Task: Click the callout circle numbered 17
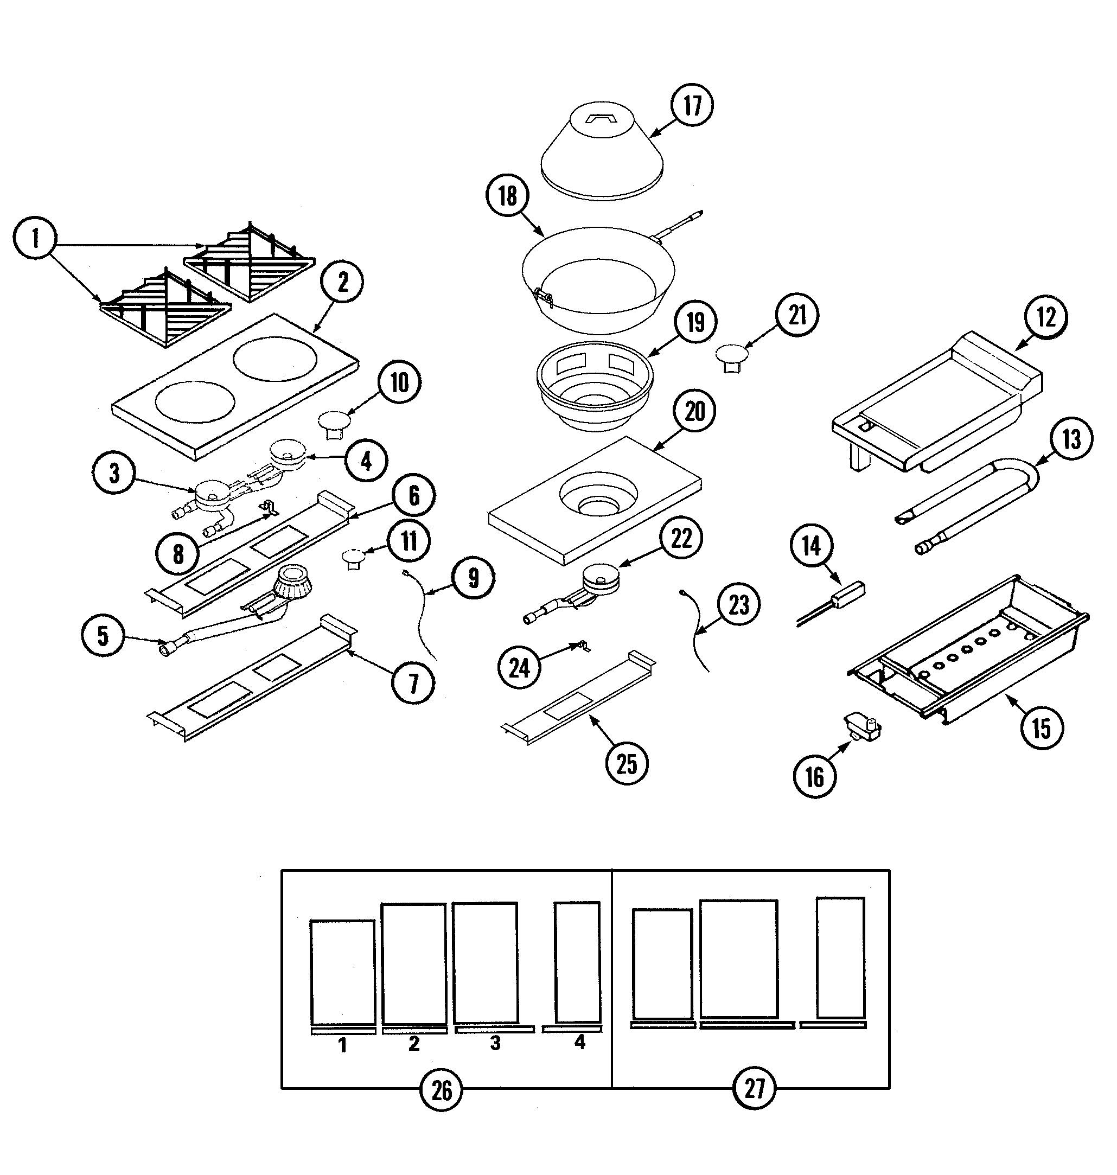(692, 105)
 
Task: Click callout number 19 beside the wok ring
(695, 323)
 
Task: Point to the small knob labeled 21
(731, 355)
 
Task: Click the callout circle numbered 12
(1046, 317)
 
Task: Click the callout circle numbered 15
(1042, 727)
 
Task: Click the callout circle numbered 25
(627, 764)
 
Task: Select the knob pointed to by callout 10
(334, 420)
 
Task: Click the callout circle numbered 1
(35, 238)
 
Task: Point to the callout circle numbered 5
(103, 636)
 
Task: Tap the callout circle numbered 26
(441, 1090)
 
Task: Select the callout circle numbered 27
(754, 1089)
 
